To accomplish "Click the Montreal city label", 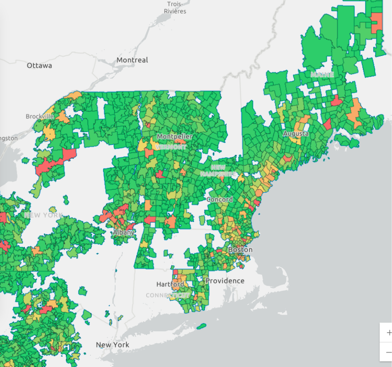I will [x=132, y=60].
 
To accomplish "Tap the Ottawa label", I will [x=39, y=65].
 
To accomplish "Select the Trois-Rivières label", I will [x=175, y=8].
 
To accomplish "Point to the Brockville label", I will [x=39, y=116].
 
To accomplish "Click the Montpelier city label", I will [x=175, y=136].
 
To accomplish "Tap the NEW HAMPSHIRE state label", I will [x=218, y=170].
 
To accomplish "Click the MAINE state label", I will [x=322, y=75].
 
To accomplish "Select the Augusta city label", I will [x=296, y=133].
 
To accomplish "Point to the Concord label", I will [x=219, y=199].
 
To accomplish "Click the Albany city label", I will [x=124, y=232].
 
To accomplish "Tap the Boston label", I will [x=240, y=249].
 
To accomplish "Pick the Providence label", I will [x=225, y=280].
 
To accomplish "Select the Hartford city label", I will [x=170, y=284].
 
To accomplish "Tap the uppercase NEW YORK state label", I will [x=43, y=215].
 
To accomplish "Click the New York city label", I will [x=112, y=345].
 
